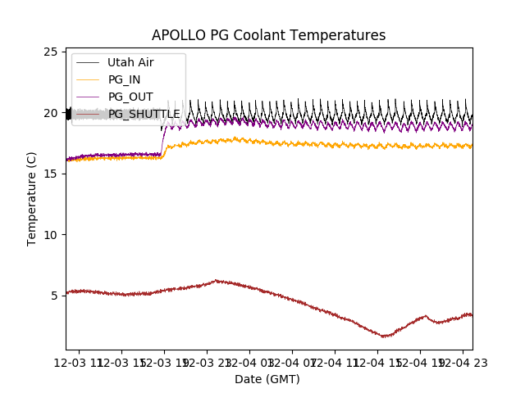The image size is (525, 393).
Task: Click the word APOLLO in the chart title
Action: click(x=175, y=35)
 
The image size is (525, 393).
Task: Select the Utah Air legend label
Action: click(x=130, y=62)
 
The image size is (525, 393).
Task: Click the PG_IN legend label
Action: click(x=124, y=79)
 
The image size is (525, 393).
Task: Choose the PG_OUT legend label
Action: click(x=130, y=97)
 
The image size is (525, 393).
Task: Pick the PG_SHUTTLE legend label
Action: click(x=144, y=114)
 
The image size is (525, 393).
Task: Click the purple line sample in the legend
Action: click(x=88, y=97)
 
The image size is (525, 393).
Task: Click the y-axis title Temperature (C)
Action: click(x=32, y=198)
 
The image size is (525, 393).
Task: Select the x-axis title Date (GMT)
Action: click(x=267, y=379)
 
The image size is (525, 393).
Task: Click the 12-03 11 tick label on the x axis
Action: click(x=80, y=361)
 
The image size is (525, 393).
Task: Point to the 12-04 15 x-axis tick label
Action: click(x=377, y=361)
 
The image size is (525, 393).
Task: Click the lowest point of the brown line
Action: click(x=384, y=336)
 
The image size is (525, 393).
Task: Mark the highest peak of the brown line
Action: click(x=217, y=280)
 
